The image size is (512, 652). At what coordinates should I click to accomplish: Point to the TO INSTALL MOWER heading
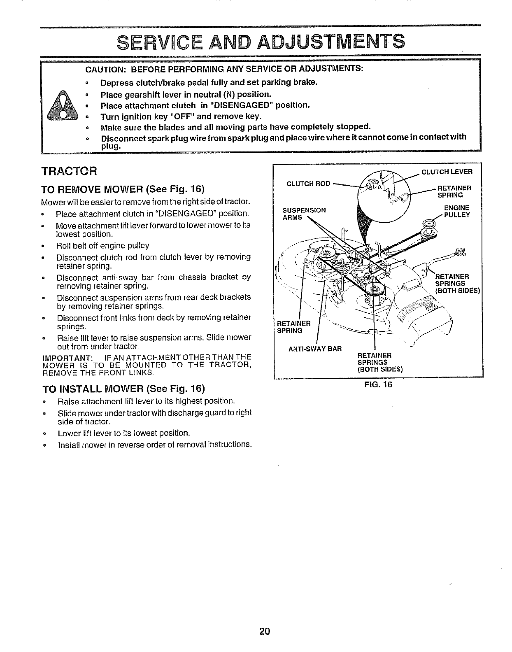(123, 389)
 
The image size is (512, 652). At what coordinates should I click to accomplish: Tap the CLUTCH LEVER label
(447, 172)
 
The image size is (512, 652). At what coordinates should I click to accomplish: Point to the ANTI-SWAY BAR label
(315, 349)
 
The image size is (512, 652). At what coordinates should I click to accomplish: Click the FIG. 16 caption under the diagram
(378, 384)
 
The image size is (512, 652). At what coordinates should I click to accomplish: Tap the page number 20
(264, 631)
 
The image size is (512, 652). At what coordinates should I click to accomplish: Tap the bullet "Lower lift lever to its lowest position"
(124, 433)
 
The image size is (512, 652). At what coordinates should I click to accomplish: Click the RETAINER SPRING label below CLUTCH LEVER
(454, 191)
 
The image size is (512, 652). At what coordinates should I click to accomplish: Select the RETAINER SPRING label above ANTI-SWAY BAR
(293, 327)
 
